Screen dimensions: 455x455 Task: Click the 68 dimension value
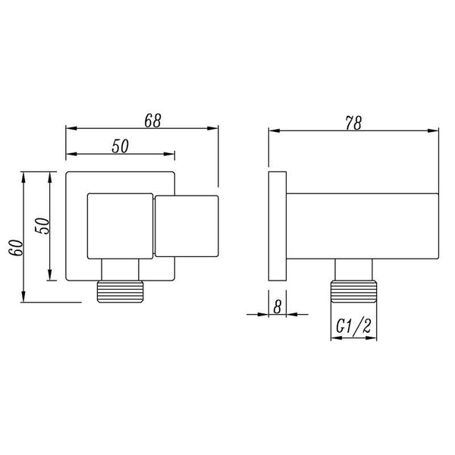pos(152,120)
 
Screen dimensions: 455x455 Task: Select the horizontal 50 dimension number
pos(119,147)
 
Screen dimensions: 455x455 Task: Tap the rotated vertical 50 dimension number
pos(43,226)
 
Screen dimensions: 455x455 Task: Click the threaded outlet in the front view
pos(119,292)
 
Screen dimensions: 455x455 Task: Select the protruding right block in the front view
pos(186,225)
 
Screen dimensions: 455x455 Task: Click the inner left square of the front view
pos(120,225)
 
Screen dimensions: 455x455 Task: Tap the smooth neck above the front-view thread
pos(119,271)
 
